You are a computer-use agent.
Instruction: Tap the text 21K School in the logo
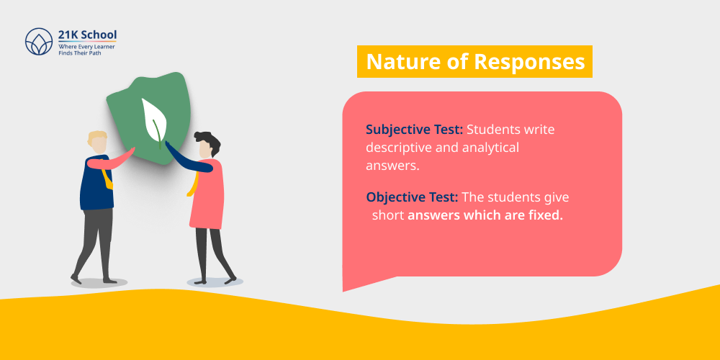[86, 35]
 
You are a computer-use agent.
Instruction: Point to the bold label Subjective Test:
[414, 130]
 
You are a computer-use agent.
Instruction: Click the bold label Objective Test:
[411, 197]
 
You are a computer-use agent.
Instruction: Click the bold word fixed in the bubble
[545, 215]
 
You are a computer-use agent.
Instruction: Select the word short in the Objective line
[388, 215]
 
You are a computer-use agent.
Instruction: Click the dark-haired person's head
[207, 145]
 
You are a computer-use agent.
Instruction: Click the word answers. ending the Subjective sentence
[393, 166]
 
